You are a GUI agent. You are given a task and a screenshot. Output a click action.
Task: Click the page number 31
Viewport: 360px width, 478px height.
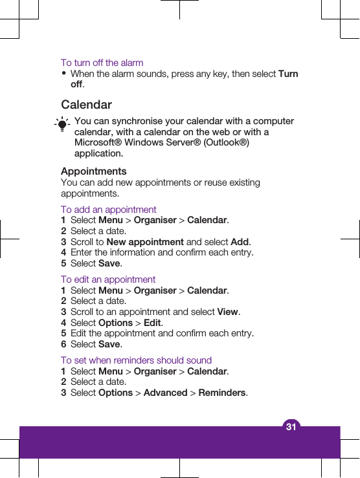click(x=291, y=427)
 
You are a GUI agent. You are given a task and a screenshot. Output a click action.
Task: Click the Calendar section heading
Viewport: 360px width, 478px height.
click(x=86, y=105)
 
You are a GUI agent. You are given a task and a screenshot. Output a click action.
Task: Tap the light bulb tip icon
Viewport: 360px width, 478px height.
click(x=62, y=124)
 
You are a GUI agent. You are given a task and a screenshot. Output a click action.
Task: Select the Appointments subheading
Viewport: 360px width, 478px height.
click(x=94, y=171)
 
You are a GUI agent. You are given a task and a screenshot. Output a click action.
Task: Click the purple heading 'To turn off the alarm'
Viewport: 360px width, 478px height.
click(x=102, y=63)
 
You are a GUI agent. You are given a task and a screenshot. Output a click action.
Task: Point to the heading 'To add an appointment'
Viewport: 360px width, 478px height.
click(x=109, y=210)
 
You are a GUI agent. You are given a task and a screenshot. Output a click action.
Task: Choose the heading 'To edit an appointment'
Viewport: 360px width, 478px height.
click(x=108, y=279)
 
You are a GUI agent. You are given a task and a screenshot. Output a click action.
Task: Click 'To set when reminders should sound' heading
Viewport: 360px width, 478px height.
click(x=136, y=360)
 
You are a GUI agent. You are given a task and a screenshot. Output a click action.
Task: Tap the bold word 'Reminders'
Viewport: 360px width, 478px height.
click(x=222, y=393)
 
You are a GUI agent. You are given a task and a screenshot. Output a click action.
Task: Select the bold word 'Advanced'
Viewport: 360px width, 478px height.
click(x=165, y=393)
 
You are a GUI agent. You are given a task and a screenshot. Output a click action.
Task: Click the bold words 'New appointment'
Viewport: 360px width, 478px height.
click(x=145, y=242)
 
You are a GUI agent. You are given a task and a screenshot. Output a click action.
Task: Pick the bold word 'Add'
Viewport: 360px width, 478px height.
click(x=240, y=242)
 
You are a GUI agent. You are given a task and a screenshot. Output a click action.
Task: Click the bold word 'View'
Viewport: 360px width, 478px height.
click(x=227, y=312)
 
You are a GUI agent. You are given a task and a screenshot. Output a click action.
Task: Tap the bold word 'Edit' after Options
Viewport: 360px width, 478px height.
click(x=152, y=323)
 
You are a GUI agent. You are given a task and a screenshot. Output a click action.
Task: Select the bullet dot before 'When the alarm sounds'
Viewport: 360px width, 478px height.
click(x=64, y=74)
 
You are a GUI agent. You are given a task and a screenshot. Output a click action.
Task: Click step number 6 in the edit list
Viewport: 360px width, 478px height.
click(x=63, y=344)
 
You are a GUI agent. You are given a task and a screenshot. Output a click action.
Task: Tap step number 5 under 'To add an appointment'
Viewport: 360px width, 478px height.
click(x=63, y=263)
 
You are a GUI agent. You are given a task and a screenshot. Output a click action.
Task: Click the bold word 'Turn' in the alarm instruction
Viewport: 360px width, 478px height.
click(x=288, y=74)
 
